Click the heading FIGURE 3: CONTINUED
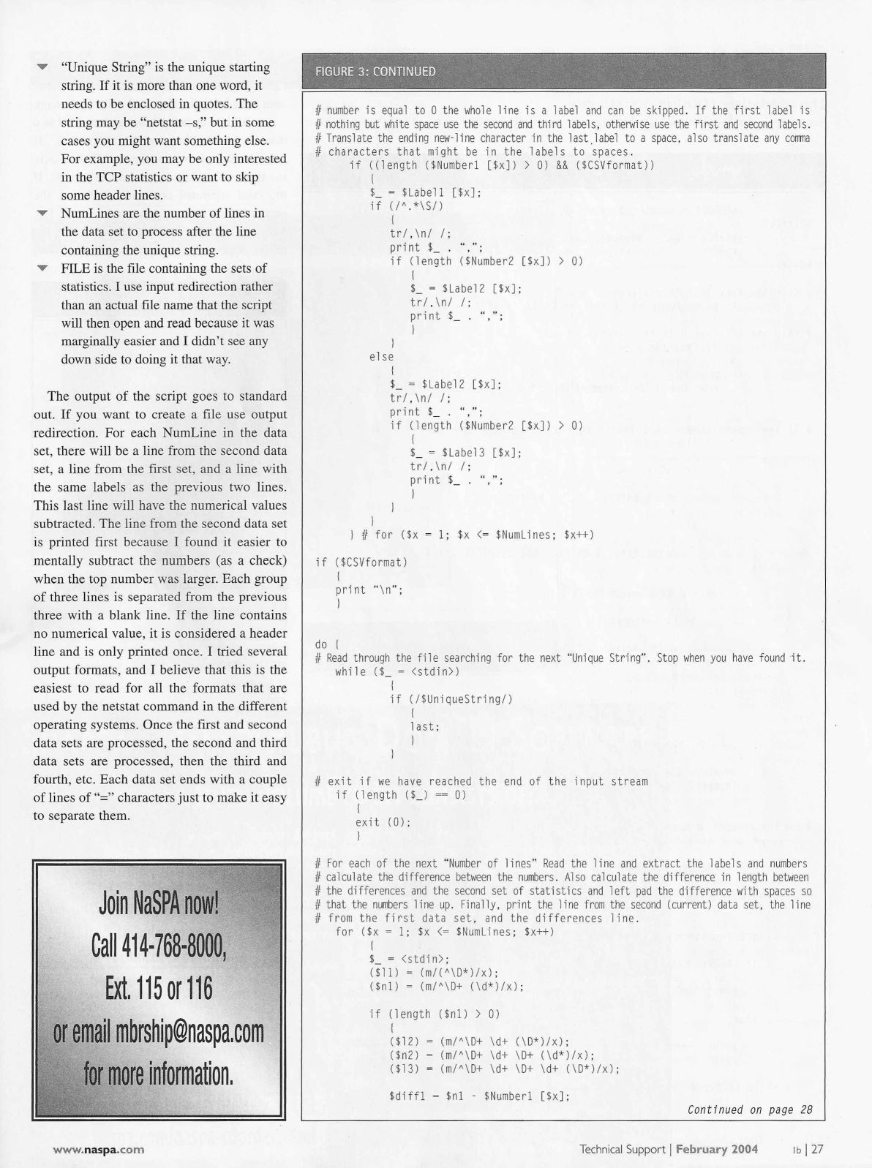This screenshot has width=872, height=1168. tap(375, 72)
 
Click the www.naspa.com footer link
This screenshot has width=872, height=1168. tap(98, 1149)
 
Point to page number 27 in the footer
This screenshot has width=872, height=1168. tap(816, 1149)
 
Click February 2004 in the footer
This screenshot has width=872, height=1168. tap(716, 1149)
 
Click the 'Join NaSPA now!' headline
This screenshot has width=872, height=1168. tap(158, 904)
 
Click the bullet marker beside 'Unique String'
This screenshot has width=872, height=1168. tap(43, 67)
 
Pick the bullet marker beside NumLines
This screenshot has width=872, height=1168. tap(43, 214)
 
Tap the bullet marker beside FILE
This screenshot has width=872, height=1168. tap(43, 268)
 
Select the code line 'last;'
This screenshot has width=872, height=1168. tap(425, 726)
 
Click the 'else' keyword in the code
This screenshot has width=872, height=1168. tap(381, 357)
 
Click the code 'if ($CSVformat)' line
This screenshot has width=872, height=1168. tap(361, 562)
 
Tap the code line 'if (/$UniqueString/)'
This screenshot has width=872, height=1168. tap(451, 699)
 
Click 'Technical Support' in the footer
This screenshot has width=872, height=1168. tap(621, 1149)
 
